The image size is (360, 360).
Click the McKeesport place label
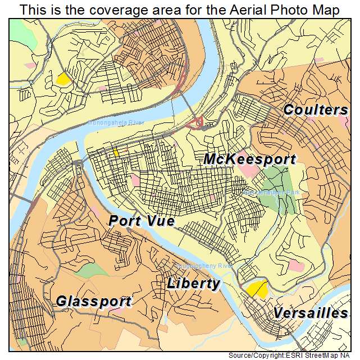point(249,159)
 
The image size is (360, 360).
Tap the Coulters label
point(315,110)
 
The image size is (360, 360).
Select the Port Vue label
point(141,221)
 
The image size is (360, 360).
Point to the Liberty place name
point(193,283)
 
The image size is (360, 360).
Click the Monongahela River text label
point(116,122)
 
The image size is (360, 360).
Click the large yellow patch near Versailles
point(256,289)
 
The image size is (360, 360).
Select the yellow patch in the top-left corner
point(62,79)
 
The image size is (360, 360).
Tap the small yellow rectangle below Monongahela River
point(116,152)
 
